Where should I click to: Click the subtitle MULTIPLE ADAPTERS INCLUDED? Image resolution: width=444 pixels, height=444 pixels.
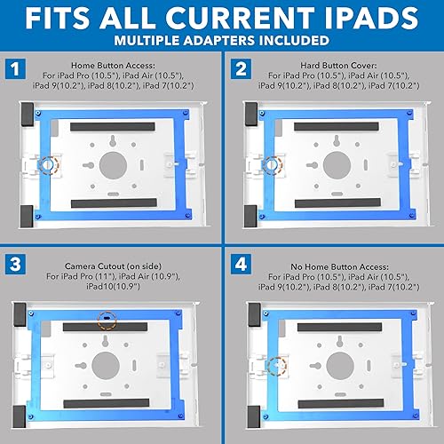click(x=222, y=40)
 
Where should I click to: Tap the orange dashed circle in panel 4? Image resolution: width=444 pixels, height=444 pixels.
click(x=276, y=364)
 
